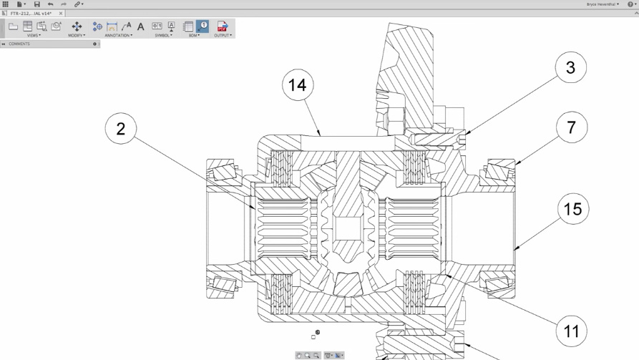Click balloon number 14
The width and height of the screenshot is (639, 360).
[x=298, y=85]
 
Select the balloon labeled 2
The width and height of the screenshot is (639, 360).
[x=121, y=129]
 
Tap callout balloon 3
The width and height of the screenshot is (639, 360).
[x=570, y=68]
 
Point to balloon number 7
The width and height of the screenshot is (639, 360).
[x=571, y=127]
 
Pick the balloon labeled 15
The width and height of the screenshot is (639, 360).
[x=572, y=209]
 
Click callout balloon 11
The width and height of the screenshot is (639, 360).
[x=571, y=331]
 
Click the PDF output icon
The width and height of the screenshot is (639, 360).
[x=223, y=26]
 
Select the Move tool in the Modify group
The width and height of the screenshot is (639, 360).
[x=77, y=26]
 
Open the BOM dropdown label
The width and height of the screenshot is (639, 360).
[x=194, y=36]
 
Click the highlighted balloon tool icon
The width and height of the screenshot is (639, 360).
[x=203, y=26]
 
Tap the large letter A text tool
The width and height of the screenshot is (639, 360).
[x=141, y=27]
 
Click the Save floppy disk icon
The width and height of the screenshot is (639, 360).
[x=37, y=4]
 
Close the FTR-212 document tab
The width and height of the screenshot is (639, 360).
[x=61, y=13]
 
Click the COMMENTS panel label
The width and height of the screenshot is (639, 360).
[x=19, y=44]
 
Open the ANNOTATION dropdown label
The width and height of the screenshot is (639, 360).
[x=118, y=36]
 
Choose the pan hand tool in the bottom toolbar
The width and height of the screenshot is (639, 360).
[x=299, y=356]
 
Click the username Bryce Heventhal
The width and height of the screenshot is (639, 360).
[x=602, y=4]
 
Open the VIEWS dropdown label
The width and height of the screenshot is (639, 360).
[x=34, y=36]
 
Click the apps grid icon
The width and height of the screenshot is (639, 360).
[x=6, y=4]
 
